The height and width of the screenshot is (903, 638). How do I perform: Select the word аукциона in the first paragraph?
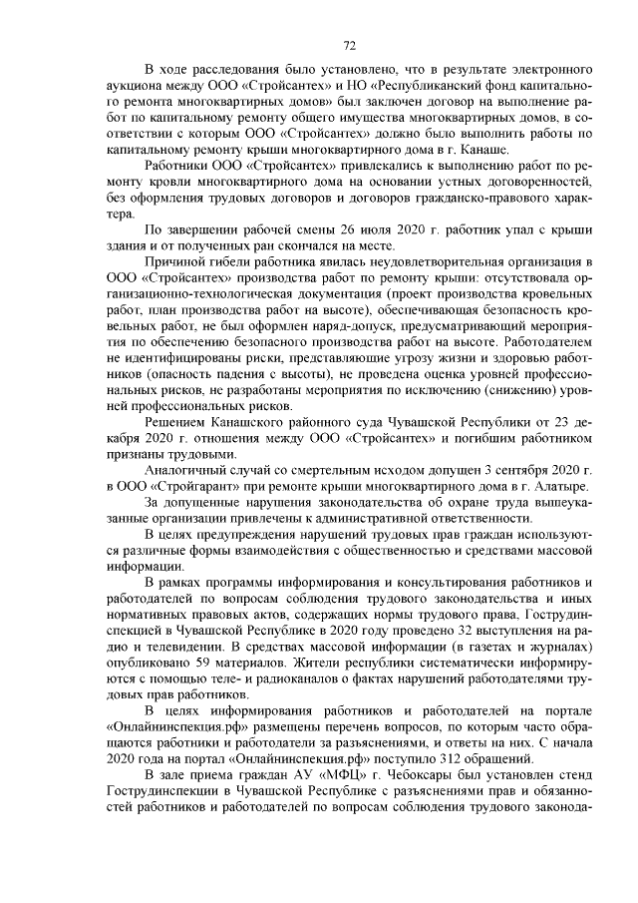pyautogui.click(x=131, y=86)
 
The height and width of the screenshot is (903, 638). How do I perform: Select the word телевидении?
pyautogui.click(x=163, y=645)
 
